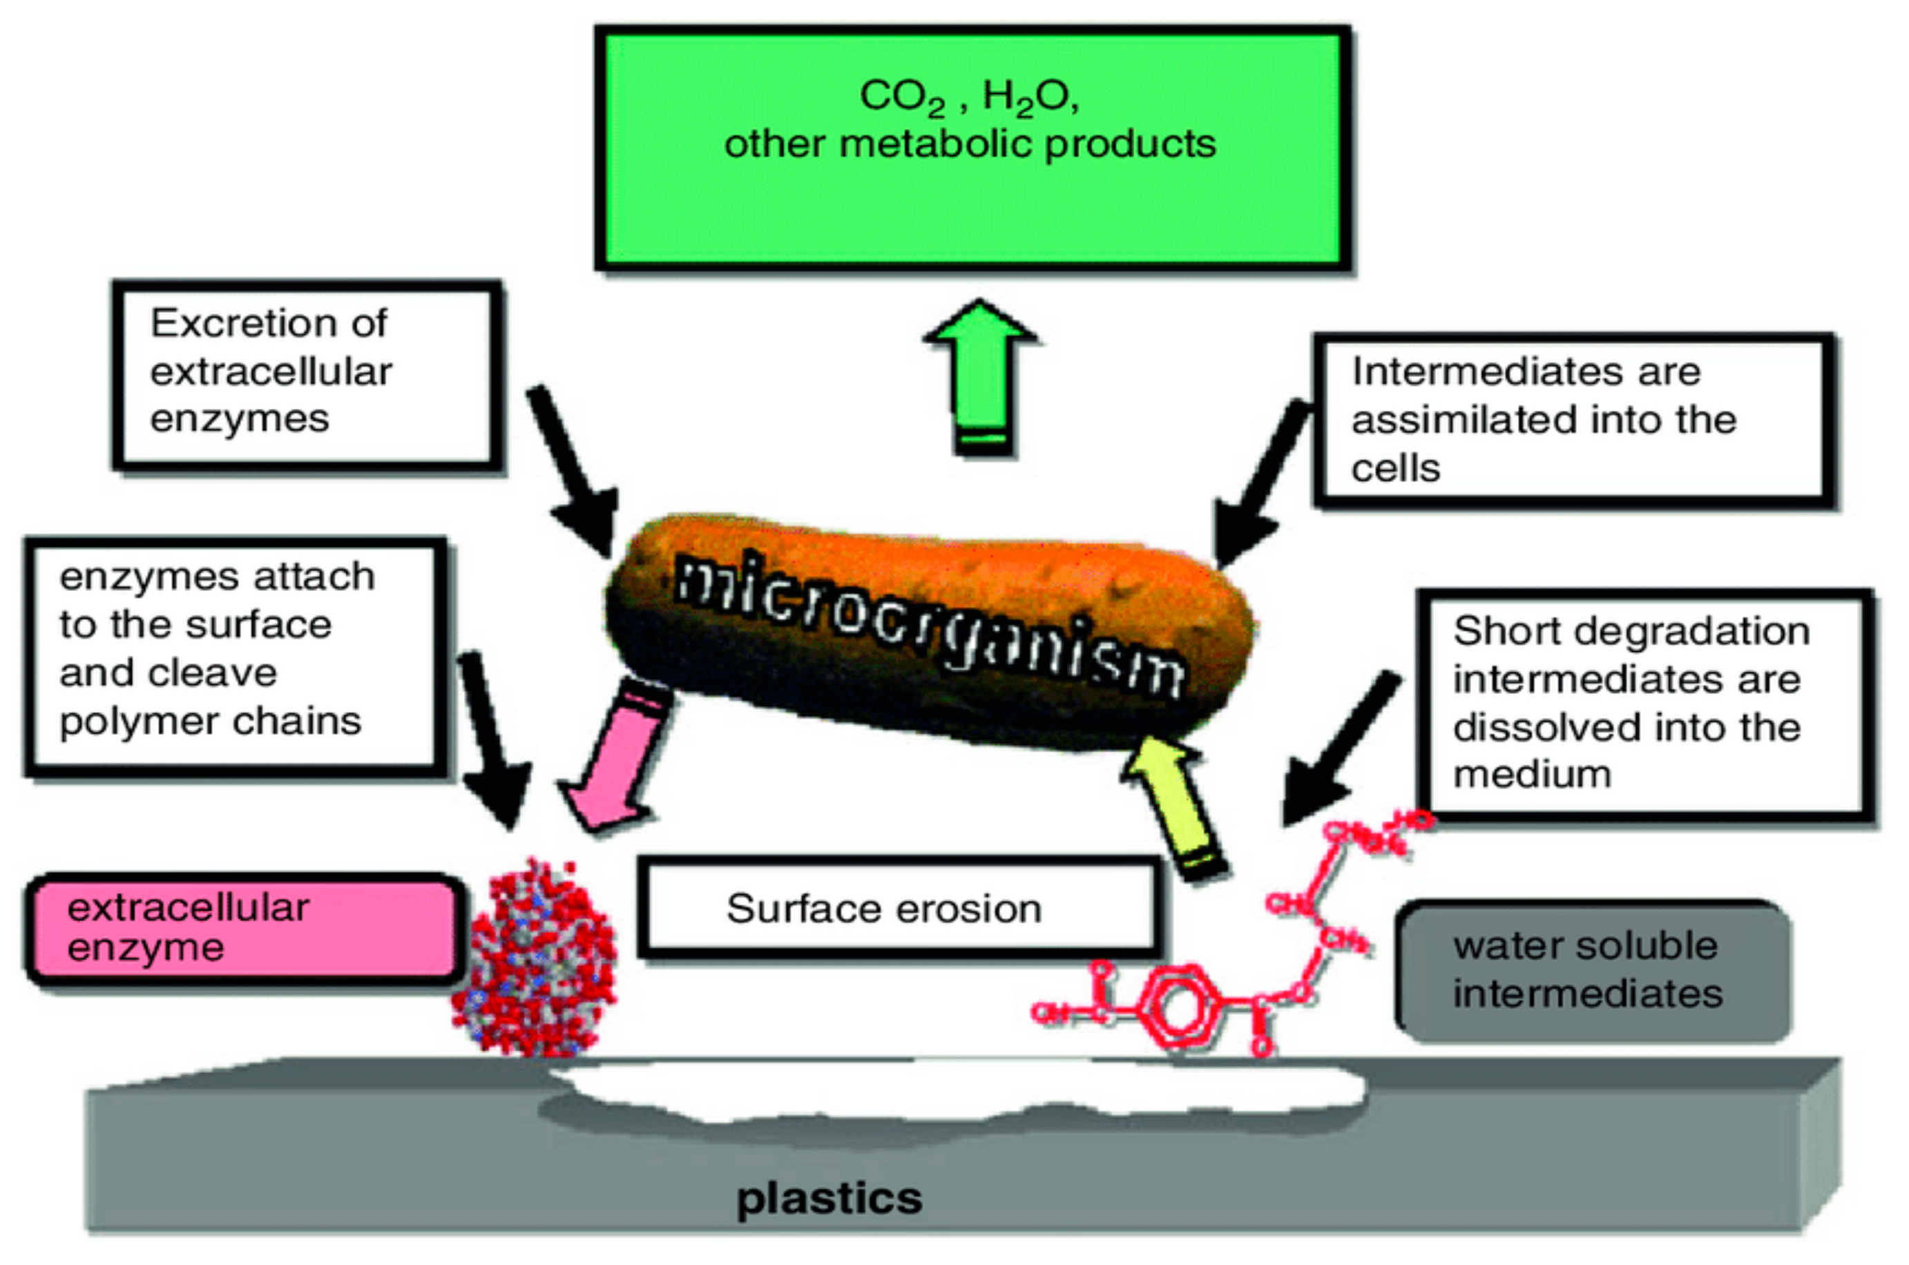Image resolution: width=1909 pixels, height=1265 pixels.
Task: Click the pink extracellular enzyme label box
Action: [x=242, y=928]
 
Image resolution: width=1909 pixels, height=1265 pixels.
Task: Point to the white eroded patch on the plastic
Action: [x=960, y=1089]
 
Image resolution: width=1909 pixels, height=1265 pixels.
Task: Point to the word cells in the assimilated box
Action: [x=1395, y=469]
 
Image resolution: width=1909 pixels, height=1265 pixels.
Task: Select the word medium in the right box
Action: [x=1531, y=775]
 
